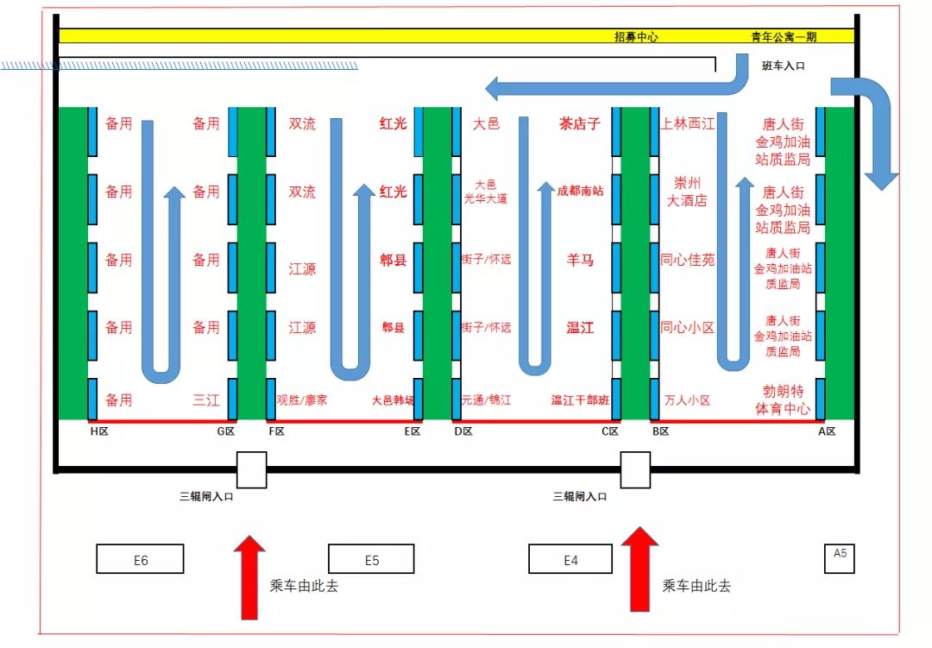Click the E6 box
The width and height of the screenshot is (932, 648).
tap(140, 559)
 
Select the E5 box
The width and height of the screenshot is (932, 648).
tap(371, 559)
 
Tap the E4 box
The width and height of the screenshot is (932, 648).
tap(570, 559)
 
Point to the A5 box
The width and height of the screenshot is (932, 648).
tap(840, 557)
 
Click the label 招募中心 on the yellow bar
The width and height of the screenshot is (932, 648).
tap(636, 37)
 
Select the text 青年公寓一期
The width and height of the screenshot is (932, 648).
tap(784, 37)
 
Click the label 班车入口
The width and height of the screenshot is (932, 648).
tap(783, 66)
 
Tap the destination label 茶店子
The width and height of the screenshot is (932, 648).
tap(579, 123)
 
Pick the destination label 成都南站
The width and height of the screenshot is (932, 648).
tap(580, 191)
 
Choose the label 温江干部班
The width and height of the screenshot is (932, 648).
tap(580, 400)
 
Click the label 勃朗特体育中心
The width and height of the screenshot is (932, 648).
tap(783, 400)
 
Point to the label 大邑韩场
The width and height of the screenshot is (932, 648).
tap(393, 400)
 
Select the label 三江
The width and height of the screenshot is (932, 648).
tap(205, 400)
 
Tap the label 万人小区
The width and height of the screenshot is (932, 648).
tap(688, 400)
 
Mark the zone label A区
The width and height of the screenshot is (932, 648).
tap(826, 431)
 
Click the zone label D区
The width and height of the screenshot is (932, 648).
tap(463, 431)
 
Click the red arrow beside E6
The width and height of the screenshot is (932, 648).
tap(250, 576)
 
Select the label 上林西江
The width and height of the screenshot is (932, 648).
tap(688, 123)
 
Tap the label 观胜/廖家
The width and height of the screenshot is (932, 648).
tap(301, 400)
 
